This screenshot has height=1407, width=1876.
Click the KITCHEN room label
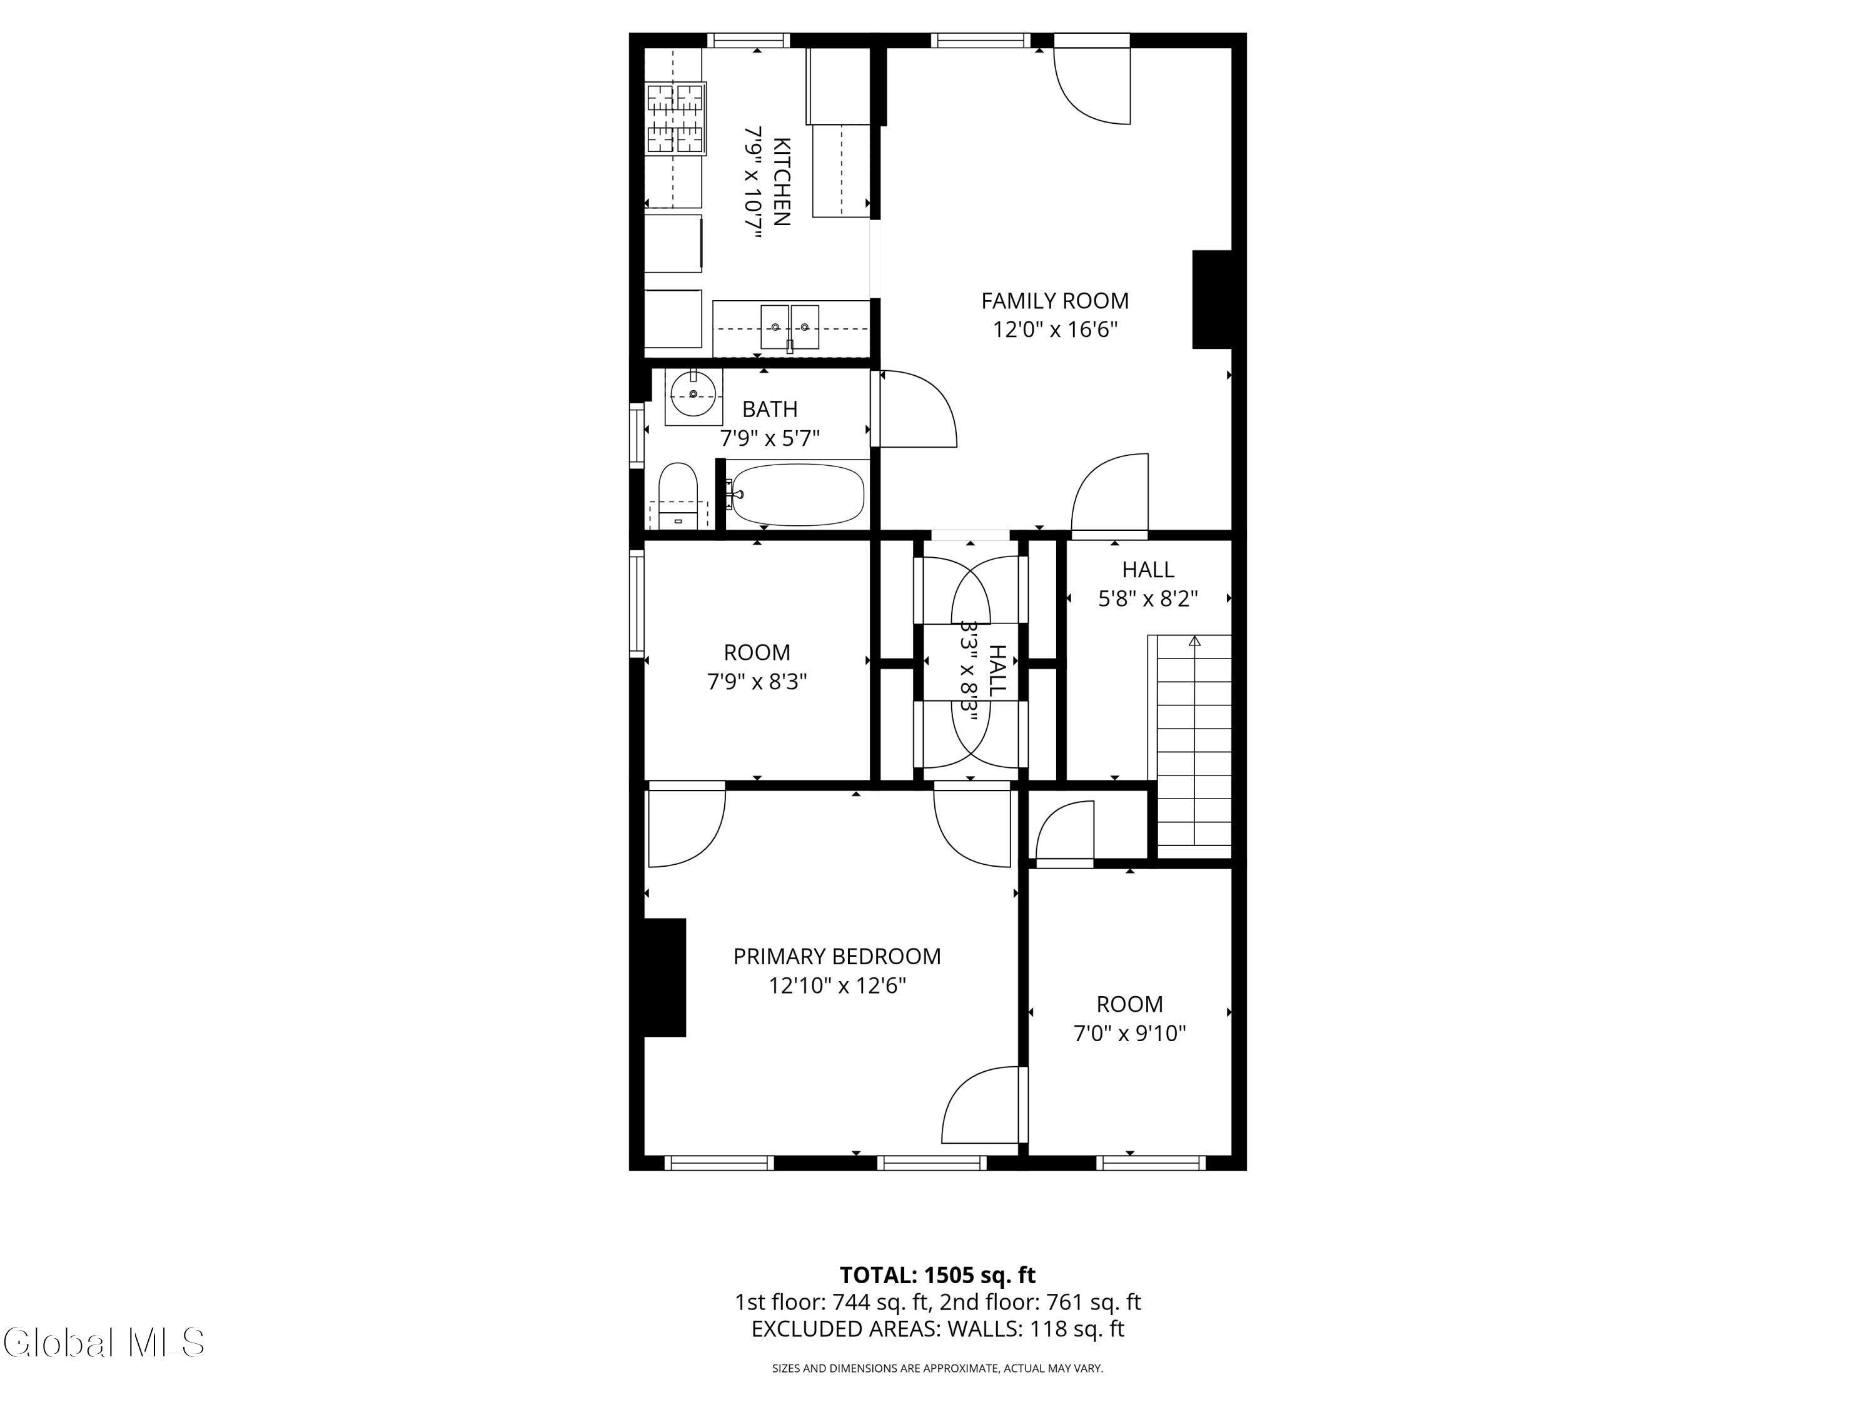tap(781, 181)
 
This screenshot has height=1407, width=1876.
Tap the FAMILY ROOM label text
tap(1055, 300)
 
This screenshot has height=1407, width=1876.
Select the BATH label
tap(770, 409)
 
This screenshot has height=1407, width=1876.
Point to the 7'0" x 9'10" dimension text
tap(1130, 1033)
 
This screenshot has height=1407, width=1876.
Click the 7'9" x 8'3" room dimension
tap(757, 681)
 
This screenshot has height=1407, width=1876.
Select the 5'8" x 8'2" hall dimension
tap(1148, 599)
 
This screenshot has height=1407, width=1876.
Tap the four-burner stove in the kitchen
tap(676, 118)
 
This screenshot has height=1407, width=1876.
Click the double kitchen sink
tap(790, 326)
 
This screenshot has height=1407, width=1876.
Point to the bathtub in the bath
tap(797, 495)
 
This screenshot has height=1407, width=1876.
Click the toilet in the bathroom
tap(678, 496)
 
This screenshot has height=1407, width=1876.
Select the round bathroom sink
tap(693, 395)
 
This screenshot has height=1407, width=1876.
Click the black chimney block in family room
tap(1212, 300)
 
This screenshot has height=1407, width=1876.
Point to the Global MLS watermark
tap(103, 1343)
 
